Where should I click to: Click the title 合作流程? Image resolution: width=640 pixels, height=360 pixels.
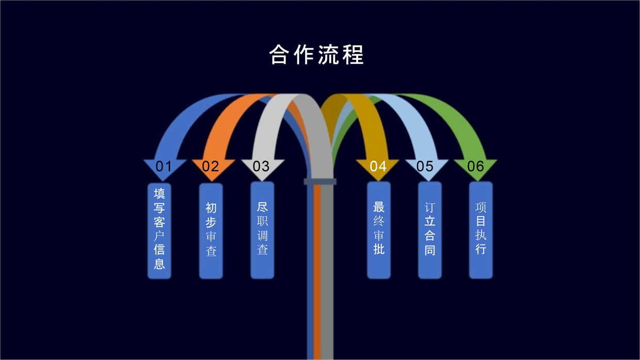[x=316, y=55]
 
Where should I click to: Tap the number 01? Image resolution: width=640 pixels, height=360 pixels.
[x=164, y=166]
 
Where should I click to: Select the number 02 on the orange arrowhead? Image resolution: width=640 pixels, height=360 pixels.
[x=211, y=166]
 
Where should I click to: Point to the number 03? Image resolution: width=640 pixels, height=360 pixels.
[x=261, y=166]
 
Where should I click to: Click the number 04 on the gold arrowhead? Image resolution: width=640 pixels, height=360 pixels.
[x=378, y=166]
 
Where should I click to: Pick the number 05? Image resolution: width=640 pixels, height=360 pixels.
[x=425, y=166]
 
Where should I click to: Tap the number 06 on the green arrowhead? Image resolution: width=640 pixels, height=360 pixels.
[x=475, y=166]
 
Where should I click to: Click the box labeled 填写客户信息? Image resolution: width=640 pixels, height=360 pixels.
[x=159, y=231]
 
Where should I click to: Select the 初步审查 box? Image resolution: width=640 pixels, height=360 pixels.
[x=211, y=231]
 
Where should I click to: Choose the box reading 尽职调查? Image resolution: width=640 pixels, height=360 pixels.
[x=262, y=230]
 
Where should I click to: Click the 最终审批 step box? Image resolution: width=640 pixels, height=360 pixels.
[x=379, y=230]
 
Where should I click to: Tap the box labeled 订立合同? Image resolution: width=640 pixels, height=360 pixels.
[x=430, y=230]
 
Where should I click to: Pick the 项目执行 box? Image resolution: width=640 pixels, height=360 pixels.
[x=481, y=230]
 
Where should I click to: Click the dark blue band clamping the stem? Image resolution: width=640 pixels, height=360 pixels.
[x=320, y=182]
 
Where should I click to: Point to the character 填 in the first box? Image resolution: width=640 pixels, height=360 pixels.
[x=159, y=194]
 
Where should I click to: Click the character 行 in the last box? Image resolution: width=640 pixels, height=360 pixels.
[x=481, y=249]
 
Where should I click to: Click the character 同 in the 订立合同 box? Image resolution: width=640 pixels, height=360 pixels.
[x=430, y=250]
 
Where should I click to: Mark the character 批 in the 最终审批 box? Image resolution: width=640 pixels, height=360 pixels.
[x=379, y=250]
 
